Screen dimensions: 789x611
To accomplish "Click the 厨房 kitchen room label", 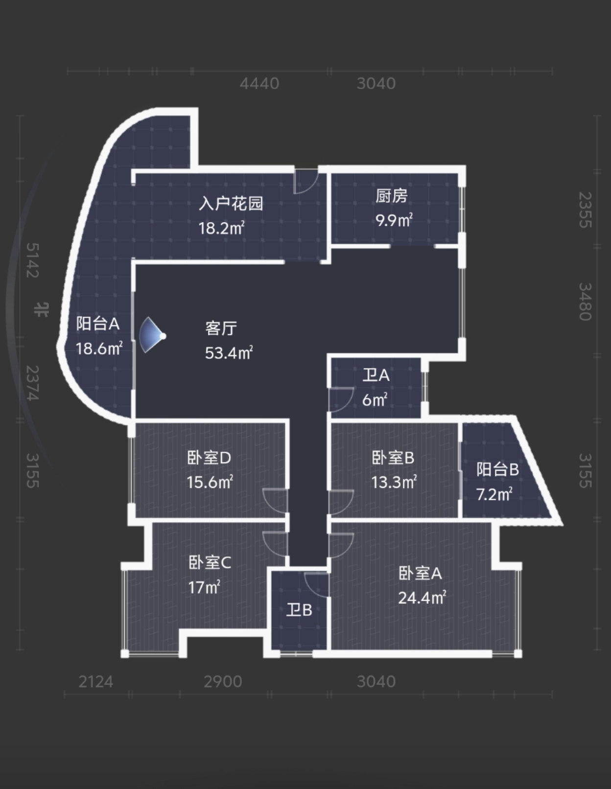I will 391,196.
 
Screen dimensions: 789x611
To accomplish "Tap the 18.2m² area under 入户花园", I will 221,228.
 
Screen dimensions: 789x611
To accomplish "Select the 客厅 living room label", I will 221,328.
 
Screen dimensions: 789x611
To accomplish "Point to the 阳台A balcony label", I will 97,324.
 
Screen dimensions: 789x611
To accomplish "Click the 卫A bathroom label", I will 376,375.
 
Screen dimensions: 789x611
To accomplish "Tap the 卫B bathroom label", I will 299,610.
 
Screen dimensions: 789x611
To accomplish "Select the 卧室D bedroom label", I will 209,458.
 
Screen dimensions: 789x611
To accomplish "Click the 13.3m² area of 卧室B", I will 394,482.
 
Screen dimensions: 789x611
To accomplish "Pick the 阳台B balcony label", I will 497,469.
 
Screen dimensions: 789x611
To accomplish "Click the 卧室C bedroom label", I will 210,562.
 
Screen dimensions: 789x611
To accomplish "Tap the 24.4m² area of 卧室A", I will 422,598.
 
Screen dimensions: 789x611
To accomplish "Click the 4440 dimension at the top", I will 259,84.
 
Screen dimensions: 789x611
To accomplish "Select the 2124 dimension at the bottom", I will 95,681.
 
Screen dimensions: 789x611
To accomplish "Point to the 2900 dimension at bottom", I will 223,681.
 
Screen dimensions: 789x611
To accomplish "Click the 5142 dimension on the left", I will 32,260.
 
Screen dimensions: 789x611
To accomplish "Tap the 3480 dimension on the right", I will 585,302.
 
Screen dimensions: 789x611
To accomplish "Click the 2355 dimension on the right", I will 585,210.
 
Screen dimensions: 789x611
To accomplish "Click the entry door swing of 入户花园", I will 305,183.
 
